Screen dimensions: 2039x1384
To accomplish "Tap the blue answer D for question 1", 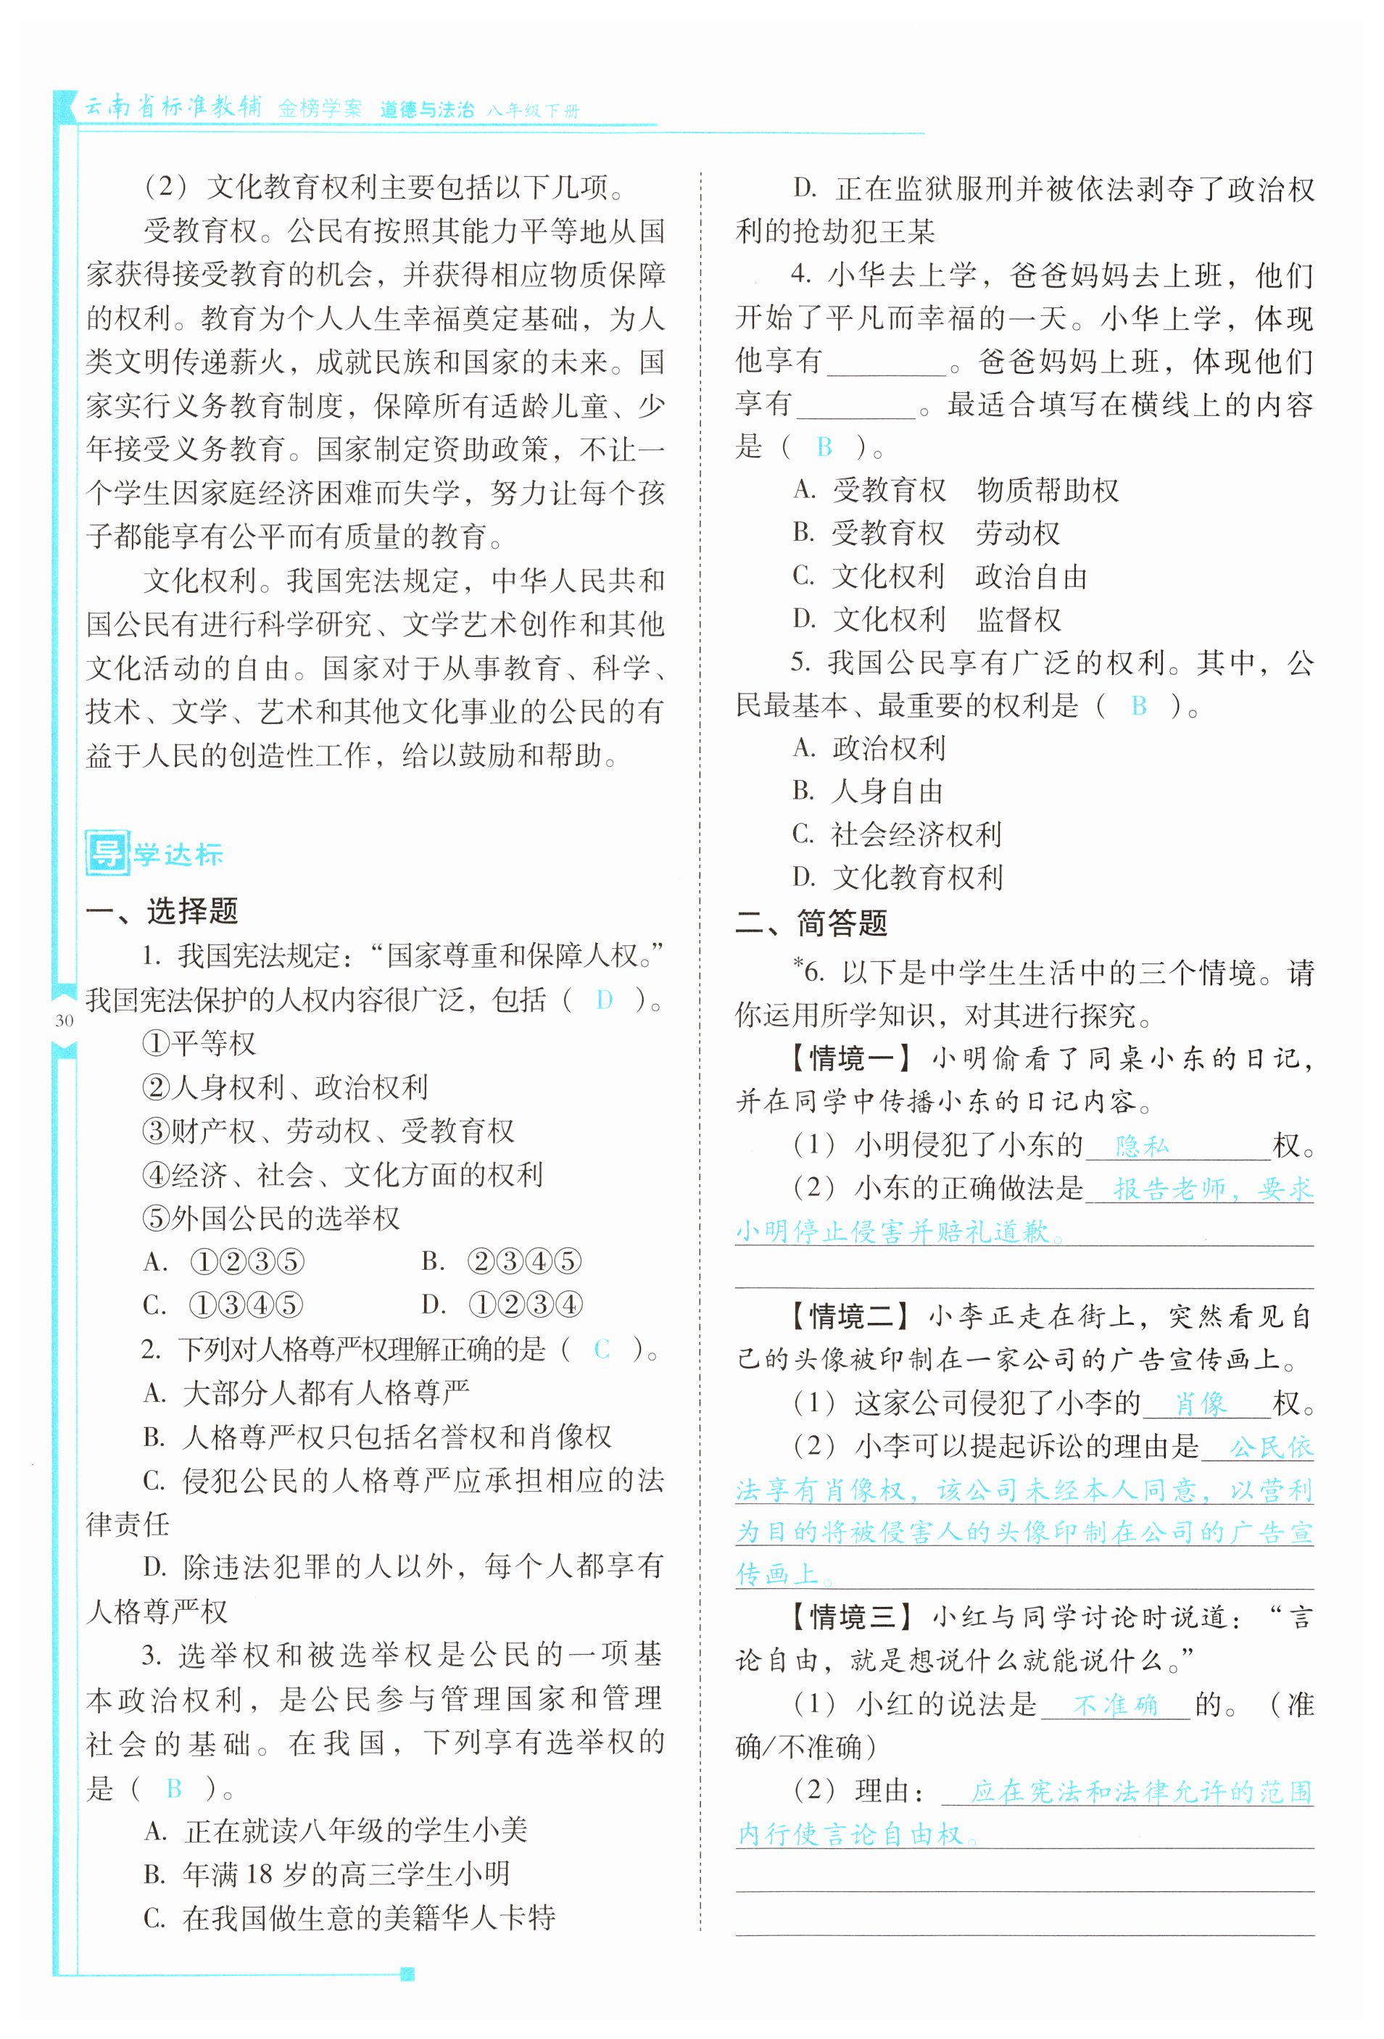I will [x=604, y=1000].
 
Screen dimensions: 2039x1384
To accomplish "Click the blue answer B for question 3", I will [x=174, y=1787].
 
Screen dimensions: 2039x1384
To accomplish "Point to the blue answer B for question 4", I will [x=824, y=447].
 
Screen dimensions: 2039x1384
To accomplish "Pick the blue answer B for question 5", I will [x=1138, y=705].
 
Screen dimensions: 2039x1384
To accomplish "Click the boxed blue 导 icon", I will [x=108, y=852].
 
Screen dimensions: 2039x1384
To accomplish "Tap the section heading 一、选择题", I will [x=162, y=910].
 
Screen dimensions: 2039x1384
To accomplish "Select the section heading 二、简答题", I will [x=812, y=923].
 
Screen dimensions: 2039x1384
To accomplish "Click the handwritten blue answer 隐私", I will [x=1142, y=1145].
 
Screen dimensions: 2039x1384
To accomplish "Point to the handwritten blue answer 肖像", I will [x=1201, y=1404].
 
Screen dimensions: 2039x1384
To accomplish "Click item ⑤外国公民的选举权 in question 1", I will [x=271, y=1218].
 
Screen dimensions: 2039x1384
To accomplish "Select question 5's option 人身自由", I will [x=887, y=792].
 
